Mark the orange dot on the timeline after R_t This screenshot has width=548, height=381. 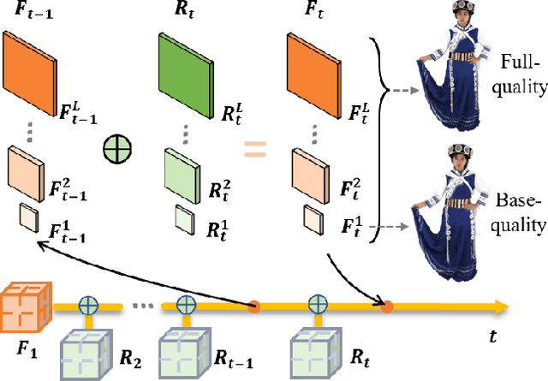pyautogui.click(x=387, y=305)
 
